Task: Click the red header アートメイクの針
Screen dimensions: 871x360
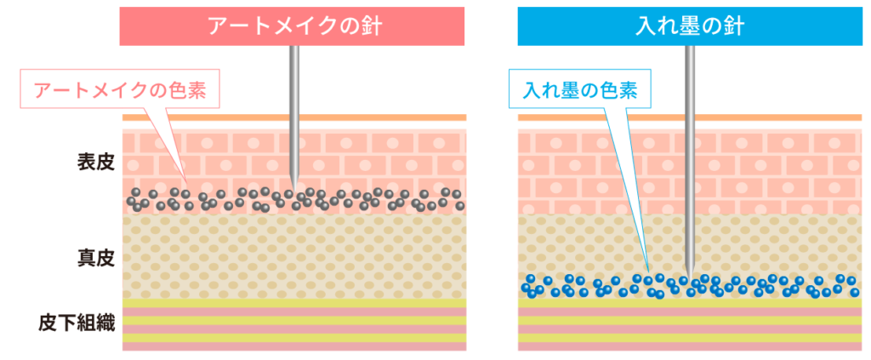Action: [x=293, y=26]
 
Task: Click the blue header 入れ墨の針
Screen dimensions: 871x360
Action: [x=689, y=26]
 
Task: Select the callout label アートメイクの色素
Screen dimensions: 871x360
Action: [x=120, y=89]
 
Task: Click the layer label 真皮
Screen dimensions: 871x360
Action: [x=96, y=260]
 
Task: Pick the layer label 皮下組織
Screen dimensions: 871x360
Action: [x=77, y=323]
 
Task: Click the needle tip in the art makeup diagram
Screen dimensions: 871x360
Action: [x=294, y=191]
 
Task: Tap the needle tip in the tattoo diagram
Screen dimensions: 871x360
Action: [x=689, y=274]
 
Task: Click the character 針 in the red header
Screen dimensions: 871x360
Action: [x=372, y=26]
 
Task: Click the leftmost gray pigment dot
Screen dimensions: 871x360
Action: [x=131, y=201]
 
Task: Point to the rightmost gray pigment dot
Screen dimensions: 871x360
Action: [x=460, y=206]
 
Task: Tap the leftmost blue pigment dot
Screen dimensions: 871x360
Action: [x=525, y=287]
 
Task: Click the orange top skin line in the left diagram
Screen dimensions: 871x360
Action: [x=294, y=117]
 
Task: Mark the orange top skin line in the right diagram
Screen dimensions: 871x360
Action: [x=690, y=117]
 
